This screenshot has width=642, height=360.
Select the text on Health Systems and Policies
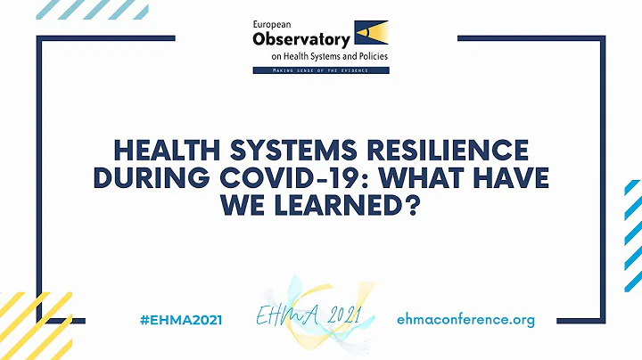point(331,54)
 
